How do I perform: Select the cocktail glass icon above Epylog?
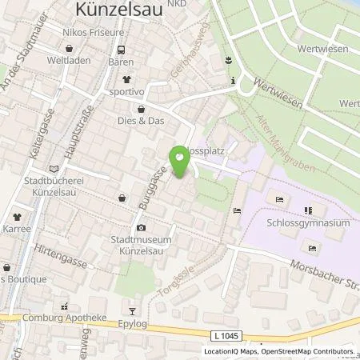coord(133,312)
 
